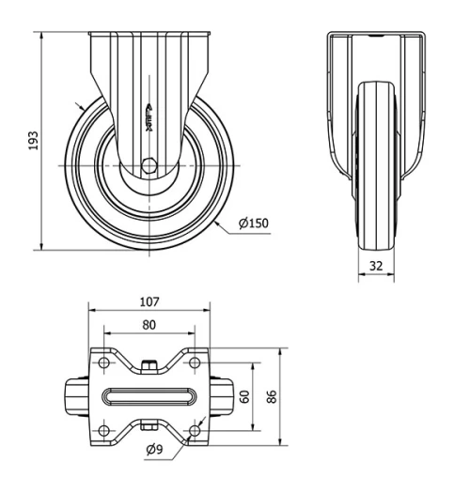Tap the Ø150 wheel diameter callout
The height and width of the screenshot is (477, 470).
click(255, 223)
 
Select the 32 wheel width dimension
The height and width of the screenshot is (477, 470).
click(376, 266)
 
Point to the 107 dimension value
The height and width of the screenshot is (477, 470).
click(149, 302)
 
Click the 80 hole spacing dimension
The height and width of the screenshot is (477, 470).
click(149, 325)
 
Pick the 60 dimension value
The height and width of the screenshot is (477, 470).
click(245, 396)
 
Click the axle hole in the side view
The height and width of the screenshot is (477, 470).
click(148, 166)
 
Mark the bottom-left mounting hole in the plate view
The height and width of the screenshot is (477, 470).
click(103, 430)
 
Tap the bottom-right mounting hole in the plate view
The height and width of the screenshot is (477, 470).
click(194, 430)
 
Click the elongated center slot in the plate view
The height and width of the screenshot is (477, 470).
click(149, 396)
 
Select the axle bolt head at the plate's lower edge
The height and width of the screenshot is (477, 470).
click(149, 428)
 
